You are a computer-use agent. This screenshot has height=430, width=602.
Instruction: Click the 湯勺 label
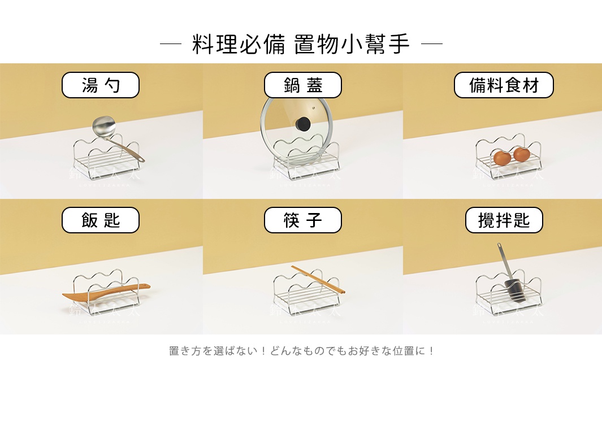[x=101, y=85]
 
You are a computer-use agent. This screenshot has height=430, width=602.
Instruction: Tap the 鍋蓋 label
[x=303, y=85]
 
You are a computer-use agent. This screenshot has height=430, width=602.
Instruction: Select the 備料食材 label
[x=504, y=85]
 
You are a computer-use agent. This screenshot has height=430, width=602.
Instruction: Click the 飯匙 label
[x=101, y=220]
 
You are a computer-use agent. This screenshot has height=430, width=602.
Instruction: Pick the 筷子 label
[x=303, y=220]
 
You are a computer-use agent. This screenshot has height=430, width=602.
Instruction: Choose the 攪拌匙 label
[x=504, y=220]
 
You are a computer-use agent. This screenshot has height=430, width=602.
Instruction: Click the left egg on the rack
[x=501, y=158]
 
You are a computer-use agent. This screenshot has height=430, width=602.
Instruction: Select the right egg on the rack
[x=521, y=154]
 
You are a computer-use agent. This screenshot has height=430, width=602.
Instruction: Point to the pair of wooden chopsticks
[x=317, y=279]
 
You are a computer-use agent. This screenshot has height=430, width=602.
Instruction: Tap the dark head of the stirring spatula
[x=514, y=290]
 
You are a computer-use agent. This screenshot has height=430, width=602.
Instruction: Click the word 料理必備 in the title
[x=239, y=44]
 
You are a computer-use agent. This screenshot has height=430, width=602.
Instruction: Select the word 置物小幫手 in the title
[x=352, y=44]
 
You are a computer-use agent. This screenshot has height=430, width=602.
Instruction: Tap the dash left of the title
[x=170, y=44]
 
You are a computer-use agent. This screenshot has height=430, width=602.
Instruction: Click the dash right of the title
[x=432, y=44]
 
